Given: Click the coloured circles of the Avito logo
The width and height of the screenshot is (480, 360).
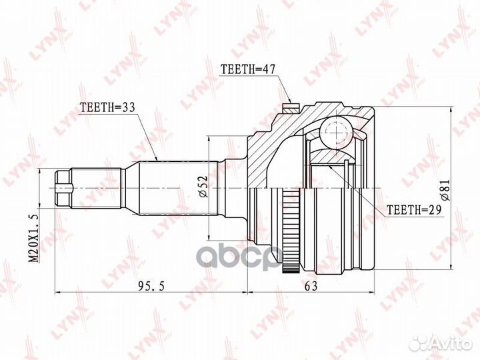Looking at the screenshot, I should pos(419,343).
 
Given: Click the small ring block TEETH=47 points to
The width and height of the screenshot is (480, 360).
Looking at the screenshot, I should pos(291,106).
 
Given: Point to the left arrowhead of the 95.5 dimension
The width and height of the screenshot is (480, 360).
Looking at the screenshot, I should pos(56,292).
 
